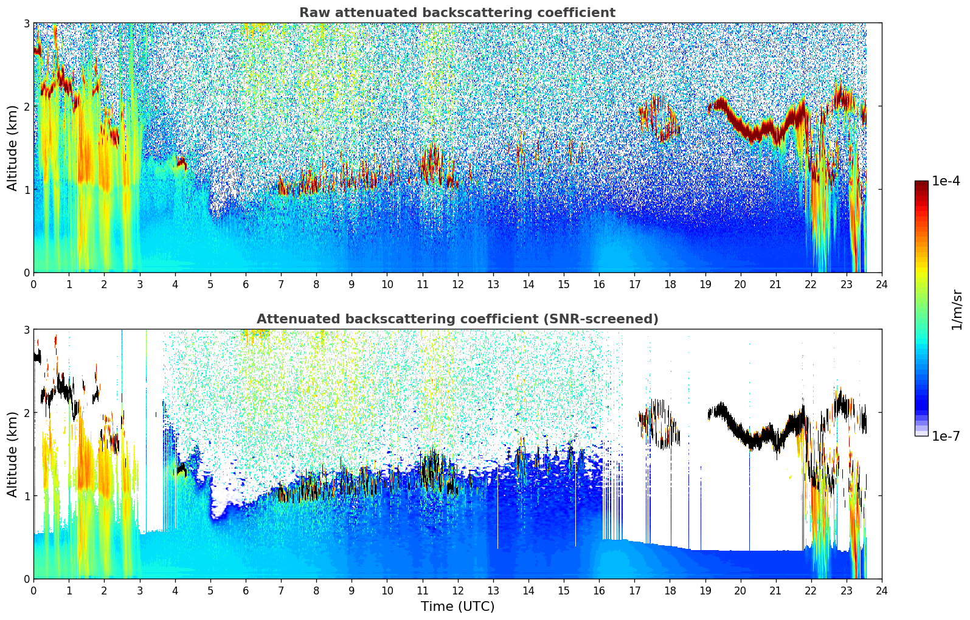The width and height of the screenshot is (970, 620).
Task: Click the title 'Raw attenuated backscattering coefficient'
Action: pyautogui.click(x=457, y=13)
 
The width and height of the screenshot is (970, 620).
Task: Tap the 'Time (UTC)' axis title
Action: pyautogui.click(x=457, y=606)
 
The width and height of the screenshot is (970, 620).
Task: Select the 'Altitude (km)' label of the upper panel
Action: pyautogui.click(x=13, y=148)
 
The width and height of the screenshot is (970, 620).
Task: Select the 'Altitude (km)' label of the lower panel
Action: pyautogui.click(x=13, y=454)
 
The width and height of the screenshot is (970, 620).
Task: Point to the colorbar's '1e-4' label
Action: pyautogui.click(x=946, y=181)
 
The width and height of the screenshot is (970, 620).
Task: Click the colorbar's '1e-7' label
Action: pyautogui.click(x=946, y=436)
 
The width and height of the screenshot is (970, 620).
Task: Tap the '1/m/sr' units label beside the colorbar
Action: pyautogui.click(x=957, y=309)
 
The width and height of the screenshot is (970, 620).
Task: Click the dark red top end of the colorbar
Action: pyautogui.click(x=921, y=184)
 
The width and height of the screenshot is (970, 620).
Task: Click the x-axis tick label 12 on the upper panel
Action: pyautogui.click(x=457, y=284)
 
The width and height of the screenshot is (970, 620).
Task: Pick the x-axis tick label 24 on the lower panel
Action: pyautogui.click(x=881, y=590)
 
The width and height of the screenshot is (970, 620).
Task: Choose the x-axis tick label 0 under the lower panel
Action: pyautogui.click(x=33, y=590)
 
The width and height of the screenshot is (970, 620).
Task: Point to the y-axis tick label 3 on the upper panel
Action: pyautogui.click(x=26, y=23)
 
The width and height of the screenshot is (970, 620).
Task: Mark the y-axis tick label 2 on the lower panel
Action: pyautogui.click(x=26, y=413)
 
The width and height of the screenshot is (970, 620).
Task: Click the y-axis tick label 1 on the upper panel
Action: pyautogui.click(x=26, y=190)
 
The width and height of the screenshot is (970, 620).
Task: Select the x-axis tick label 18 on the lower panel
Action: pyautogui.click(x=670, y=590)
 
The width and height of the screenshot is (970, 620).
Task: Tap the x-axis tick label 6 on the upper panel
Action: pyautogui.click(x=246, y=284)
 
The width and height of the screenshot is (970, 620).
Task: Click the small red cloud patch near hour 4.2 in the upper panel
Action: pyautogui.click(x=181, y=162)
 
